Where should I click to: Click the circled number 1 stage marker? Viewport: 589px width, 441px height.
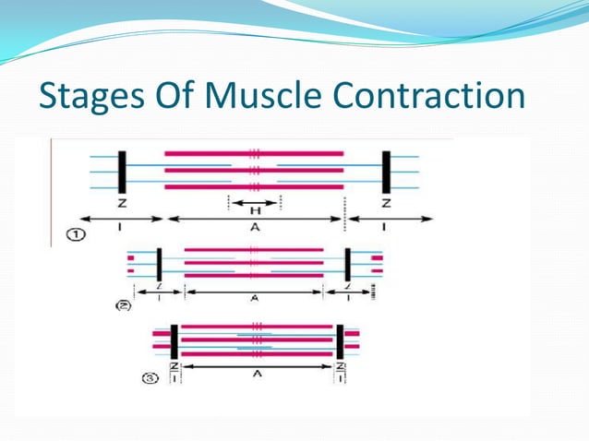(78, 235)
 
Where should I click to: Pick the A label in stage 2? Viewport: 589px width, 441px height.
(253, 299)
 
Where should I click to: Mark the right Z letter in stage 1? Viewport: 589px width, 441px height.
(386, 203)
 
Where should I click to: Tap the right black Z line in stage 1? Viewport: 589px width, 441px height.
(386, 170)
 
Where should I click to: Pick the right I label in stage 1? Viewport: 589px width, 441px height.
(386, 228)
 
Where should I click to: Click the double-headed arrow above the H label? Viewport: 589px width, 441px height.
(253, 199)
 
